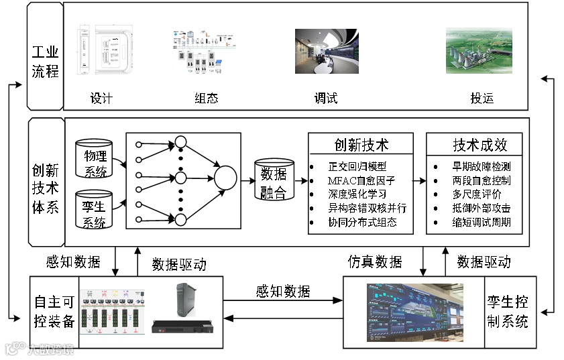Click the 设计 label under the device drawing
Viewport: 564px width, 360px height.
(101, 99)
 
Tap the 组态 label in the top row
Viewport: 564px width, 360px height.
(206, 99)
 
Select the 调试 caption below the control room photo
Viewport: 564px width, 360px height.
(326, 99)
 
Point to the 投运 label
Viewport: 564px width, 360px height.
(482, 99)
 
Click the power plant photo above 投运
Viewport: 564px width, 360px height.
(479, 50)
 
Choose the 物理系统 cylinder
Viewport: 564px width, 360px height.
(95, 161)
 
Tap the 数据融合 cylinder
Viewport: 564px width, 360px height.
(274, 181)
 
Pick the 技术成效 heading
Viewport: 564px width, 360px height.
(480, 145)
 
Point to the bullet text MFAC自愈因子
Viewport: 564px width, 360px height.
(361, 180)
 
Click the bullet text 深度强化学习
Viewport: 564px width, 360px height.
(357, 194)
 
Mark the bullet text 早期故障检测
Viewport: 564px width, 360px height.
(481, 166)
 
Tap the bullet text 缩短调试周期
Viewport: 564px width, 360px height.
(481, 222)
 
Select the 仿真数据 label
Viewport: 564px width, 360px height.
(375, 261)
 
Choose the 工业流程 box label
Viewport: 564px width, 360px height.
(46, 61)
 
